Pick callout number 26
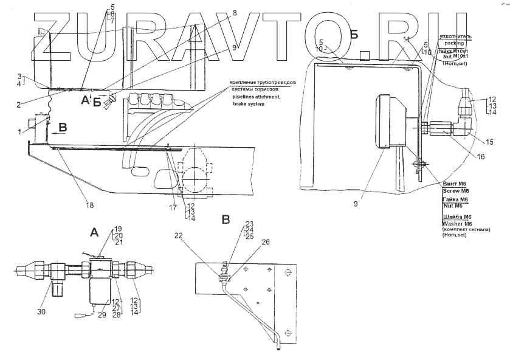266,242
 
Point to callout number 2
20,105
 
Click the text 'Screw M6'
455,190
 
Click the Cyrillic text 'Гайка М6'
456,199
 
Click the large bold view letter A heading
94,232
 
